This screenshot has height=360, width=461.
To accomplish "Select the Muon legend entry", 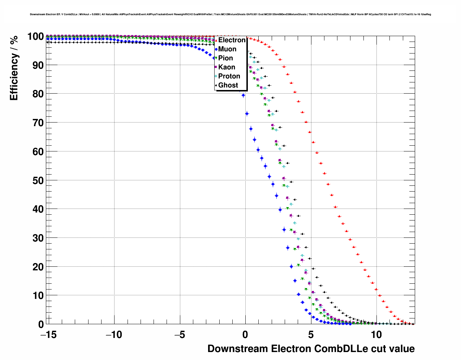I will tap(227, 49).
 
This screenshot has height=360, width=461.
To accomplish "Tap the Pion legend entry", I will tap(225, 58).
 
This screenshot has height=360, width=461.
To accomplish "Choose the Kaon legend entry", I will tap(227, 67).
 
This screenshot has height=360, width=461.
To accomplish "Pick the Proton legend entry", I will tap(229, 76).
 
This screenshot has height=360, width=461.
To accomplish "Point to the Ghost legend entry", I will tap(228, 85).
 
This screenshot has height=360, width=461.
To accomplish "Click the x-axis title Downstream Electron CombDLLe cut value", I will tap(311, 349).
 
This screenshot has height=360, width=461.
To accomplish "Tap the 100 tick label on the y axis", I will tap(35, 37).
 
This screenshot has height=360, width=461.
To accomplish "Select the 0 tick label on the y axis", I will tap(41, 324).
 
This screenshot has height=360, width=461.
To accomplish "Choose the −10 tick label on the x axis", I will tap(114, 335).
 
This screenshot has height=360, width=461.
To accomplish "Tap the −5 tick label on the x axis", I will tap(180, 335).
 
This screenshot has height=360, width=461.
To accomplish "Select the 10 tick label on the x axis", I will tap(376, 335).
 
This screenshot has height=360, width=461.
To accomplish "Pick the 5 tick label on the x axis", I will tap(311, 335).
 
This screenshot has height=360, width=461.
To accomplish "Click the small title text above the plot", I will tap(230, 14).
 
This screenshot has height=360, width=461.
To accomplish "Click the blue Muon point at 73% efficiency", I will tap(247, 113).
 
